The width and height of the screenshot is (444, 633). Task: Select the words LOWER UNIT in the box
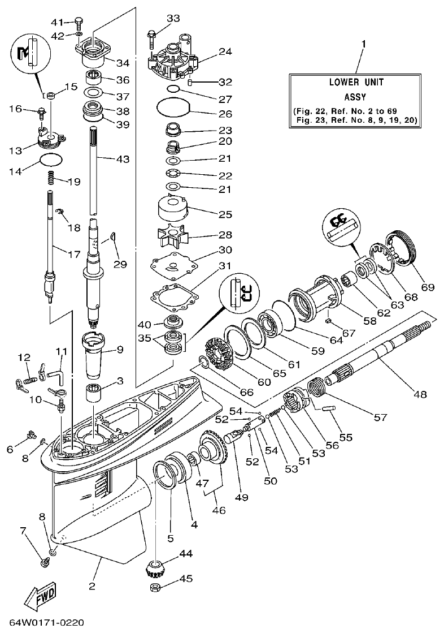click(356, 82)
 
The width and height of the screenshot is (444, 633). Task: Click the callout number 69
click(427, 287)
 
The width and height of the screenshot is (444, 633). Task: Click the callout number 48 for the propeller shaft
click(421, 393)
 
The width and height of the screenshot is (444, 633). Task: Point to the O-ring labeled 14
click(51, 160)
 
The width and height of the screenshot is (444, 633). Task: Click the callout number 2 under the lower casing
click(92, 586)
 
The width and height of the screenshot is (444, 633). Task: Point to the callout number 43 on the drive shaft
click(123, 160)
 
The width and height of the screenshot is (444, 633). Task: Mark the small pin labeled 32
click(191, 82)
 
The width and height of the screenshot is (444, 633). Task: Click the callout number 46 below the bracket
click(218, 510)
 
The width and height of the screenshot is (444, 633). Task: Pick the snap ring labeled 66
click(204, 361)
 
